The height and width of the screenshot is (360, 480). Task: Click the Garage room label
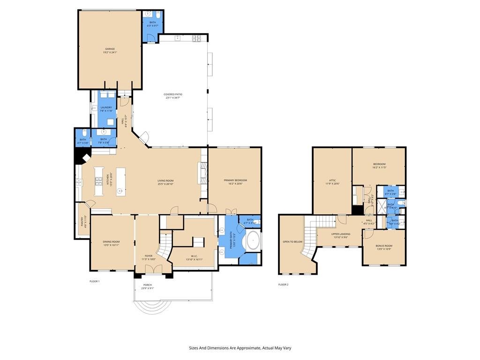[110, 49]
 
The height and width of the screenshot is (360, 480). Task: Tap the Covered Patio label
[173, 94]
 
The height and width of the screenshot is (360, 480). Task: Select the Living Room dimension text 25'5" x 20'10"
[165, 184]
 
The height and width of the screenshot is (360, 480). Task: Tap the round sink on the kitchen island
[120, 191]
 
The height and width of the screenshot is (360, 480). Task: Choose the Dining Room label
[112, 241]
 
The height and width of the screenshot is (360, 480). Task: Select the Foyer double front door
[153, 270]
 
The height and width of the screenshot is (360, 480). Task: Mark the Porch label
[148, 285]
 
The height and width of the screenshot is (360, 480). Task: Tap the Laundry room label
[106, 107]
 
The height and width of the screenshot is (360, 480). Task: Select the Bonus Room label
[384, 246]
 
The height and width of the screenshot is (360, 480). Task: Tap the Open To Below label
[292, 242]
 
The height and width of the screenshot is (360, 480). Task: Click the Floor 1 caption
[95, 281]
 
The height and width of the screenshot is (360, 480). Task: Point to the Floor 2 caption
[283, 285]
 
